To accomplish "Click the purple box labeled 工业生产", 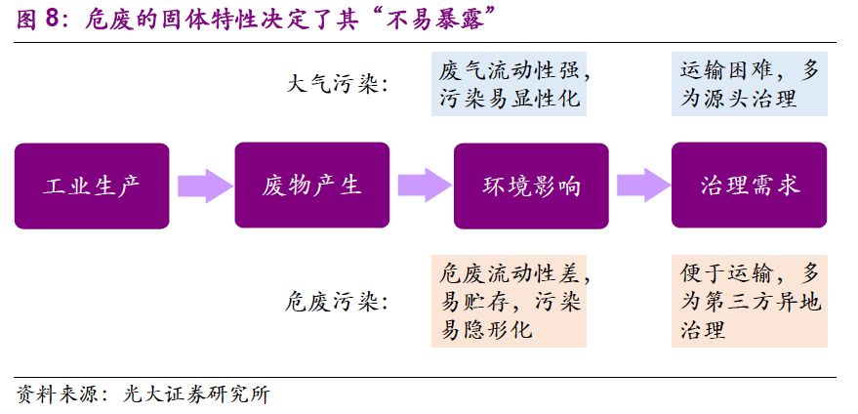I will pos(93,186).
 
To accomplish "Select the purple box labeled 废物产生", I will pos(312,186).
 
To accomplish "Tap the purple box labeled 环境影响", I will pos(532,186).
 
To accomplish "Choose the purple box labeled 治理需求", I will pos(750,186).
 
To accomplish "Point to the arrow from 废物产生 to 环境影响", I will pos(422,186).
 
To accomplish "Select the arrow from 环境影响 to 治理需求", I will pos(640,186).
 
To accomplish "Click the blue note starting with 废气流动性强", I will pos(510,85).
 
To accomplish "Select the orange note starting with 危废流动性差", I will pos(510,302).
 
